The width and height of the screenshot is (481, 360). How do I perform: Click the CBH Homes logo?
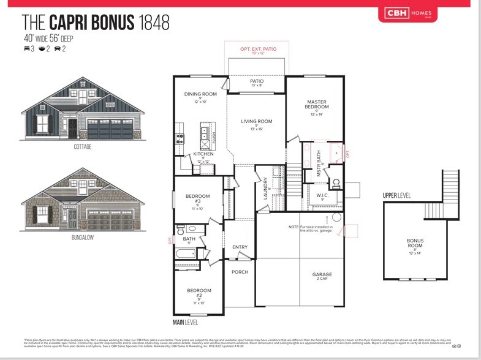coord(422,12)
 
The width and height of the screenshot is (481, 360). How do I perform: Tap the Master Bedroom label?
coord(316,105)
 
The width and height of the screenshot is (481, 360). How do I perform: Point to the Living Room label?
coord(257,122)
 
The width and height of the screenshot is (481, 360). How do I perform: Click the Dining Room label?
coord(201,94)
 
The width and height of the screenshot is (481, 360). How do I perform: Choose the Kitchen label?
coord(203,154)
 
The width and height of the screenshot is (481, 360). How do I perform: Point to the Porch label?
coord(240,272)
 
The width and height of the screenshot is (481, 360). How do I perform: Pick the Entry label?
coord(240,247)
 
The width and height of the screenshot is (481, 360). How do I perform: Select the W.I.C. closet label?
coord(323,196)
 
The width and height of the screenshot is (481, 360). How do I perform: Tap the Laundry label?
coord(265,188)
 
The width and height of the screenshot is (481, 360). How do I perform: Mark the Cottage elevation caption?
coord(83,147)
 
